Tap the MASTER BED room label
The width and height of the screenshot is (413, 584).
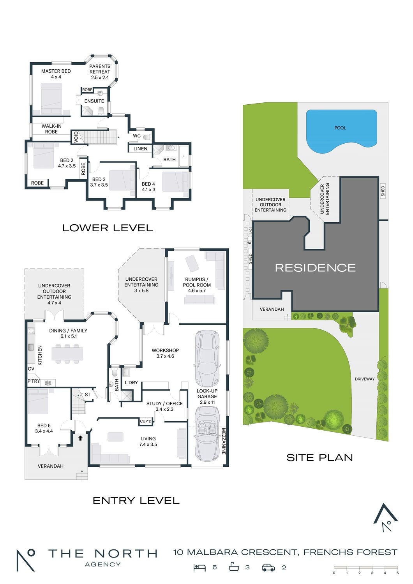click(56, 71)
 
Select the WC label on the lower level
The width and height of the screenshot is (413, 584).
click(137, 135)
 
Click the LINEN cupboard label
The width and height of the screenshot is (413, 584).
click(140, 149)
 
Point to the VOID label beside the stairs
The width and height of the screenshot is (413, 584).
click(76, 137)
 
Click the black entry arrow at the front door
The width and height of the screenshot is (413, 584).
click(80, 438)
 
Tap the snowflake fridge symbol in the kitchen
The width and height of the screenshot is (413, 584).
click(48, 383)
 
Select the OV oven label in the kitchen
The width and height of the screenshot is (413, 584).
click(31, 369)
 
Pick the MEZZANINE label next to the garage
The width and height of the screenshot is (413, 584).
click(224, 441)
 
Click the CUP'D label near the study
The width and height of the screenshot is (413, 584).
click(146, 421)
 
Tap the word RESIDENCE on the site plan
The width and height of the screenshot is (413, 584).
click(316, 268)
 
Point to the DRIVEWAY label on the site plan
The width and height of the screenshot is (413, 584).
click(364, 379)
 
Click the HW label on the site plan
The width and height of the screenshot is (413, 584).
click(249, 243)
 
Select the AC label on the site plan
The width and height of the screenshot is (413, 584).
click(251, 230)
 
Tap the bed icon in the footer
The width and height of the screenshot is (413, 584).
click(199, 567)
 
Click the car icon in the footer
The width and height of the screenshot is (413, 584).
click(268, 567)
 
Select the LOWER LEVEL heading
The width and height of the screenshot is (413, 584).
click(108, 228)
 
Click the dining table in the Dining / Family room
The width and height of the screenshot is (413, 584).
click(67, 354)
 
